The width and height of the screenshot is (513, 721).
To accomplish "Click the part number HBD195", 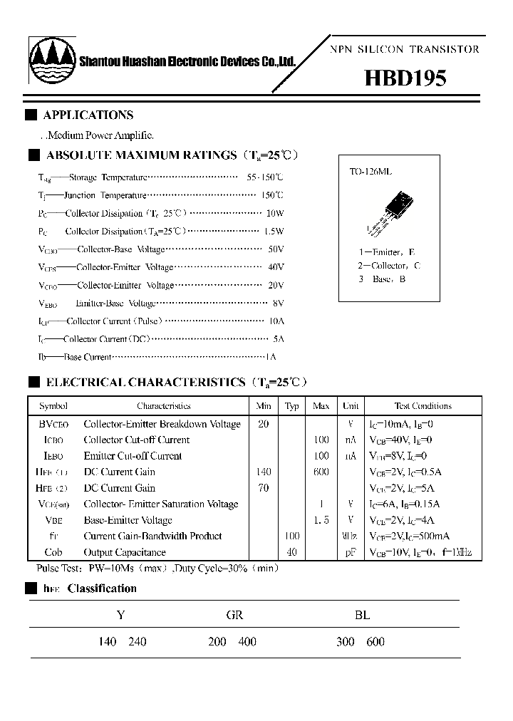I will point(405,78).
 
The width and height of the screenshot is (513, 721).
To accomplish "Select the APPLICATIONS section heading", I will point(88,115).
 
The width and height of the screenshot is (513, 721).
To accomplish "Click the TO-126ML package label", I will point(370,172).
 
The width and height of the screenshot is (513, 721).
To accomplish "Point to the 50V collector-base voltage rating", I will point(276,249).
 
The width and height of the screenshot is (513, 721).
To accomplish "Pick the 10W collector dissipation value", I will point(274,213).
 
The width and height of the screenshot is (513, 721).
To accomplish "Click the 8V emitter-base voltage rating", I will point(278,303).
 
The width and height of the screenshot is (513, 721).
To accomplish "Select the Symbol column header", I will point(53,406).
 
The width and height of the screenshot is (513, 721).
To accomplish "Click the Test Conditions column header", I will point(423,406).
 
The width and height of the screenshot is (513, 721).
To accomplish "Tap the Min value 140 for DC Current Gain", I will point(264,472).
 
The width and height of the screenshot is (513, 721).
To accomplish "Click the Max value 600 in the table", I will point(321,472).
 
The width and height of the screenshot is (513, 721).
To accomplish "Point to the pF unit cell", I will point(351,552).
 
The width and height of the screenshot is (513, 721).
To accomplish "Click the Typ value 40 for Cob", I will point(291,552).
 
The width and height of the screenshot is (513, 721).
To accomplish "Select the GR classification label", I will point(234,616).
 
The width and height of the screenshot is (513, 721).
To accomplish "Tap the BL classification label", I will point(362,616).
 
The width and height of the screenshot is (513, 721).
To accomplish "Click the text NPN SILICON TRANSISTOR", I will point(404,49).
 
